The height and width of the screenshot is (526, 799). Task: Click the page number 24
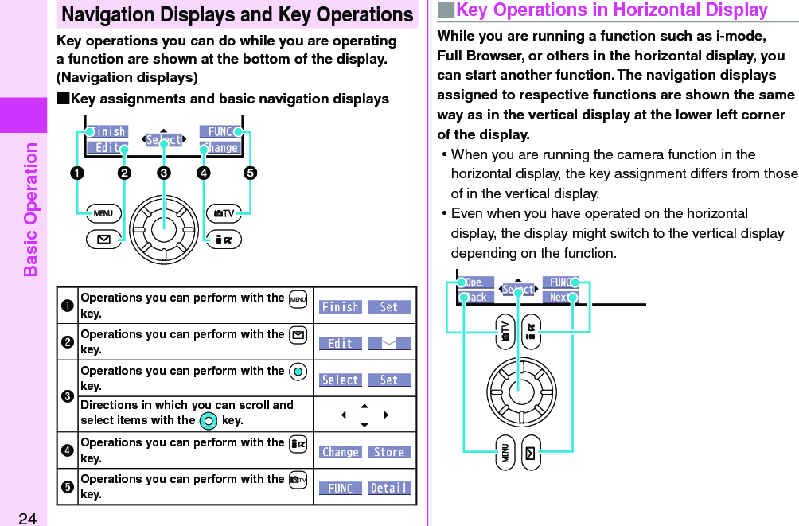27,519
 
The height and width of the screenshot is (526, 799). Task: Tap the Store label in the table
389,452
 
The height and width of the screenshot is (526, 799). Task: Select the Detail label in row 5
389,488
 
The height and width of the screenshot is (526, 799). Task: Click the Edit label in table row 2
341,344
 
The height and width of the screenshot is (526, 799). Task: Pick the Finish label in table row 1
341,307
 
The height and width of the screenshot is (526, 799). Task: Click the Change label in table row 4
341,452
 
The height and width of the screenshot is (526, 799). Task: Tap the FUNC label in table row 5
341,488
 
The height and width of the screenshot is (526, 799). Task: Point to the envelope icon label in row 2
389,344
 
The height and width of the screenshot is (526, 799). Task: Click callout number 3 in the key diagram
163,173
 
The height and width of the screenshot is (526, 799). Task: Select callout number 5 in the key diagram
250,173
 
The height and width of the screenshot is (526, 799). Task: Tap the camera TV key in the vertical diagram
224,213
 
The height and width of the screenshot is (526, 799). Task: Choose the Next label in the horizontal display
560,298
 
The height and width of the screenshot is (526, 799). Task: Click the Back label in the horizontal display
476,298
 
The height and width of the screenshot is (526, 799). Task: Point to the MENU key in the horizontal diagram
505,453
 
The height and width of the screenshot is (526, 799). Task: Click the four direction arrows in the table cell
364,415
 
